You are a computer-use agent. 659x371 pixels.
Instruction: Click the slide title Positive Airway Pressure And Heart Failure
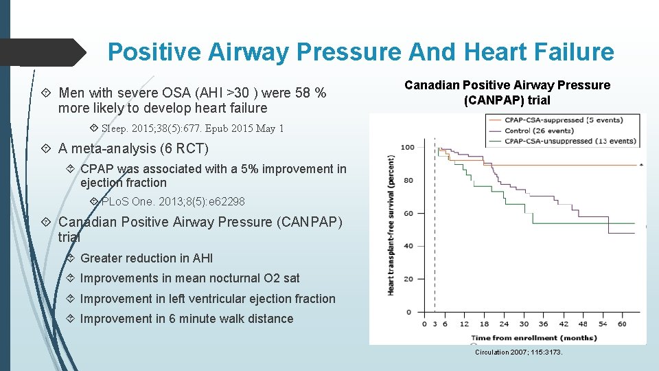click(x=360, y=52)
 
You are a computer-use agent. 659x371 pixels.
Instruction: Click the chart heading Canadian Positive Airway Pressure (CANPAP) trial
click(x=507, y=92)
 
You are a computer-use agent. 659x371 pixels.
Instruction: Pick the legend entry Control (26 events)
click(x=539, y=131)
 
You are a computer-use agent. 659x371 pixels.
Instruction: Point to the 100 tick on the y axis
click(x=407, y=148)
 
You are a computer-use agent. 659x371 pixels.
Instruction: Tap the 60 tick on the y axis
click(x=409, y=213)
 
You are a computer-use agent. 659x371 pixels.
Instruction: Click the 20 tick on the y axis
click(x=409, y=279)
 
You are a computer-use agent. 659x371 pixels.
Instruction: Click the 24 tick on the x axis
click(x=504, y=324)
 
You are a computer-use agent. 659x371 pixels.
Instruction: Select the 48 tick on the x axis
click(x=583, y=324)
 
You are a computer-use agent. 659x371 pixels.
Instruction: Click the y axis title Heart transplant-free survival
click(x=391, y=225)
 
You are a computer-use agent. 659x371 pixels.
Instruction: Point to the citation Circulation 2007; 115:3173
click(x=519, y=352)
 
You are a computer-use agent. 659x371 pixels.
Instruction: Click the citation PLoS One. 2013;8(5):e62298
click(x=172, y=202)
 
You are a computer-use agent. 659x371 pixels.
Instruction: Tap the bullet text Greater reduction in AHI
click(x=146, y=258)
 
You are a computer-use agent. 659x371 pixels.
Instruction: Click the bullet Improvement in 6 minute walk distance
click(x=186, y=319)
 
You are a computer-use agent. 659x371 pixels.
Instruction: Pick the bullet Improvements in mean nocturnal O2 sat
click(x=189, y=278)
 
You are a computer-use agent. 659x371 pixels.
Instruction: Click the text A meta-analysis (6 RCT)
click(x=133, y=148)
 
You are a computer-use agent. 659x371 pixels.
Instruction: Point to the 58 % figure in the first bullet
click(x=310, y=93)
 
